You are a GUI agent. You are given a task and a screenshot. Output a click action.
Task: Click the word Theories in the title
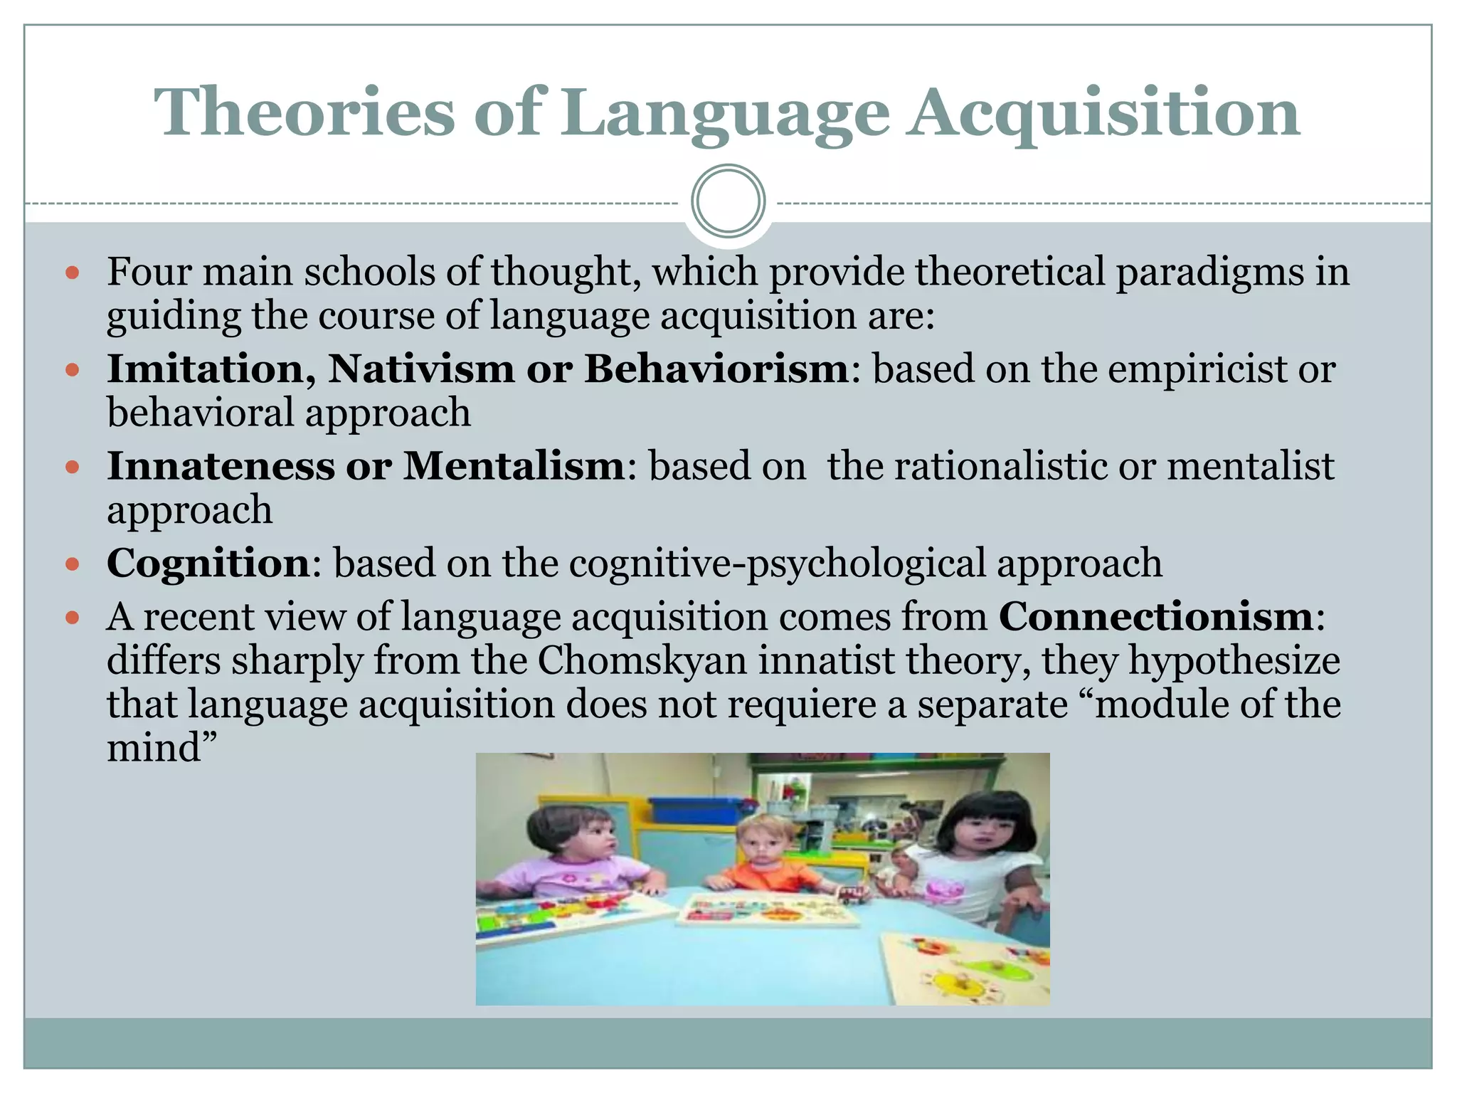304,112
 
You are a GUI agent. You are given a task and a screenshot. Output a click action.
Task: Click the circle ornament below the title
728,201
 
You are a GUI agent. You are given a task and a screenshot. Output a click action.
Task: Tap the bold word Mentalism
514,466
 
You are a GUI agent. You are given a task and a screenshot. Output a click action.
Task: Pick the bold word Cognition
208,563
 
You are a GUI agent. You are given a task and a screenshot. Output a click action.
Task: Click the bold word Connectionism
1156,616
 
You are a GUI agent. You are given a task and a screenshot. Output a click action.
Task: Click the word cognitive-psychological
777,563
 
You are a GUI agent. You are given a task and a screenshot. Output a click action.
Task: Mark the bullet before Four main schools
72,273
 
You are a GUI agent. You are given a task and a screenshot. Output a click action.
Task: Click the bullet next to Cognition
72,564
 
